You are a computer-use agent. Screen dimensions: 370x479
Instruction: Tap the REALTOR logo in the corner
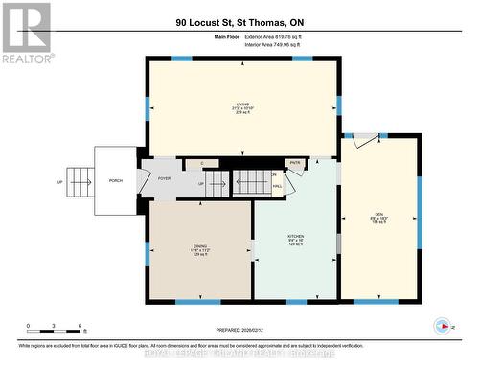pyautogui.click(x=25, y=33)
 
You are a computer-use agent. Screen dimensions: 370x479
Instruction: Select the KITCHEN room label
pyautogui.click(x=296, y=238)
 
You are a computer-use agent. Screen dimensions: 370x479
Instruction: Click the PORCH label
pyautogui.click(x=116, y=180)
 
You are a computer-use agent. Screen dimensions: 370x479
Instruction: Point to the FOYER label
pyautogui.click(x=164, y=178)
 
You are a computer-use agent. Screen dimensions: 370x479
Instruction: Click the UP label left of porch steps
pyautogui.click(x=60, y=180)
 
